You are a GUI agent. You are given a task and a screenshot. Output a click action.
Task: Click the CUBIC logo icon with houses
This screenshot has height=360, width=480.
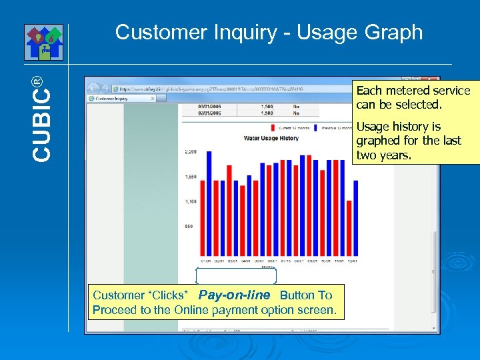(x=44, y=42)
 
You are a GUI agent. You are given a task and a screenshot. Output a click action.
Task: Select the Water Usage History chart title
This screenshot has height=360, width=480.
(x=271, y=138)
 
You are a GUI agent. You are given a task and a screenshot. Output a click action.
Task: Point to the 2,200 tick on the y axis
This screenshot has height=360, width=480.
(x=191, y=152)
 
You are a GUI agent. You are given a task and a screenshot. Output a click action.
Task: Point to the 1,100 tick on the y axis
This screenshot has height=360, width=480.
(x=191, y=201)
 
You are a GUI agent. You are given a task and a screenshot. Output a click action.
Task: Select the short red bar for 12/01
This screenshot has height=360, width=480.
(x=349, y=229)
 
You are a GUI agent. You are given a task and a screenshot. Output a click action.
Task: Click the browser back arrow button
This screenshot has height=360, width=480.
(x=93, y=88)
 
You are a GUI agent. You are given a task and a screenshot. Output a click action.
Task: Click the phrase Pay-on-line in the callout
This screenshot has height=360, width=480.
(x=234, y=295)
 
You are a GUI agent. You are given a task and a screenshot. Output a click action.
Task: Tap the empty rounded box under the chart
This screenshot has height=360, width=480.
(x=236, y=275)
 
